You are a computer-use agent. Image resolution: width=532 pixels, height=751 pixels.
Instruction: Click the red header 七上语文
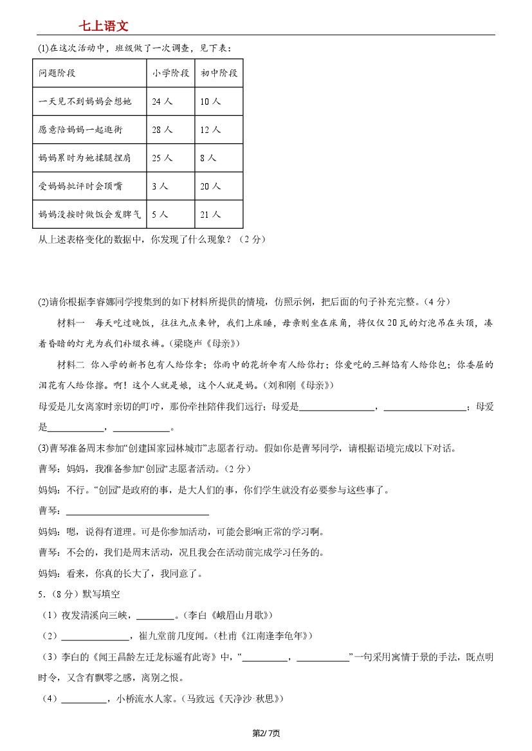(104, 26)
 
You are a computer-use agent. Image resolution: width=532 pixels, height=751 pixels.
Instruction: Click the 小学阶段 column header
(170, 73)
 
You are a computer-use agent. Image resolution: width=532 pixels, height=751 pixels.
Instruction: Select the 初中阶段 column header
(219, 73)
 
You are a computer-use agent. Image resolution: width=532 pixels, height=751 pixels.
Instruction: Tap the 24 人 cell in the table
(162, 102)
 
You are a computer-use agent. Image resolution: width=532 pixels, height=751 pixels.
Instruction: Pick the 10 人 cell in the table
(210, 102)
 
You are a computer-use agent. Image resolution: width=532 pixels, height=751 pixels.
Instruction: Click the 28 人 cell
(162, 130)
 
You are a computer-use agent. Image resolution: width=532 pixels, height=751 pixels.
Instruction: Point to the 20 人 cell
(210, 186)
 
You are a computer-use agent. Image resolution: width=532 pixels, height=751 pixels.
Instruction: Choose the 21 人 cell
(210, 215)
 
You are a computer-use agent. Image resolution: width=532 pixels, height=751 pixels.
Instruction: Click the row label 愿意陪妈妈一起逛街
(80, 130)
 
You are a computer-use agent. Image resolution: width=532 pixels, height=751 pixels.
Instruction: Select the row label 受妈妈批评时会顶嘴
(80, 186)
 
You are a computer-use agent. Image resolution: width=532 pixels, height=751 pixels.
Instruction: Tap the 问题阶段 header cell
(57, 73)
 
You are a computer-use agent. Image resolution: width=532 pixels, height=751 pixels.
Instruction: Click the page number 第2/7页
(266, 733)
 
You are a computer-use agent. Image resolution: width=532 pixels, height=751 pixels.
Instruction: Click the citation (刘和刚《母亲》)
(296, 385)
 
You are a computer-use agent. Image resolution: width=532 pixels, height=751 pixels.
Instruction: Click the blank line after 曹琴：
(138, 511)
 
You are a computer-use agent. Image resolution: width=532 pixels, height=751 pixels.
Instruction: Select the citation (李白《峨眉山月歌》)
(230, 615)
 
